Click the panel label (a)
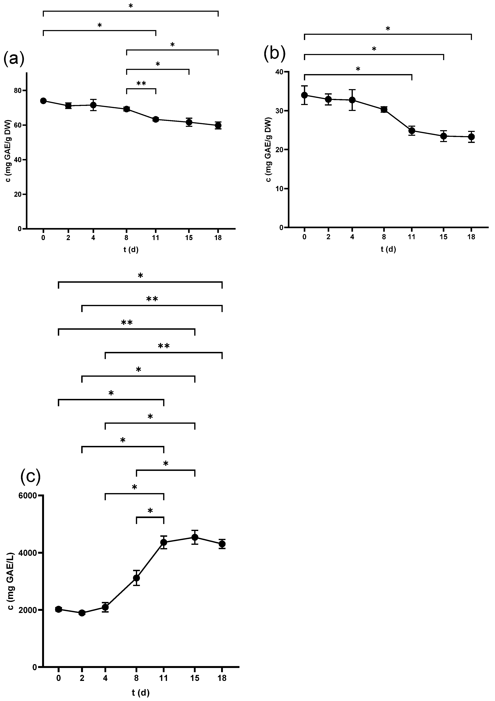[x=14, y=59]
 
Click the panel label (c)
[x=31, y=477]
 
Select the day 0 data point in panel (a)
[x=43, y=101]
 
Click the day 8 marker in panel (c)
[x=136, y=578]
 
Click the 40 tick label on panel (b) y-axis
[x=279, y=72]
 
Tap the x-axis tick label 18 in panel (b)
[x=471, y=237]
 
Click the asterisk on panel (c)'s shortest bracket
[x=150, y=511]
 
